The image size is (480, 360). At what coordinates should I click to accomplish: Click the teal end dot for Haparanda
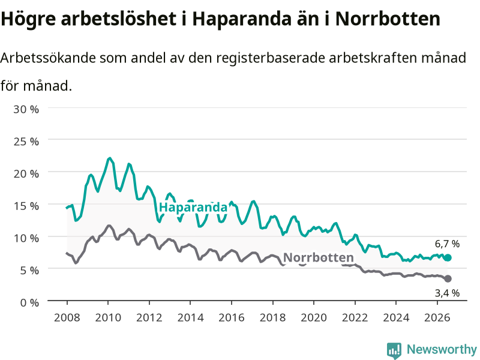[x=448, y=258]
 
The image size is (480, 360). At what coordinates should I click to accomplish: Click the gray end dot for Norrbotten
[x=448, y=278]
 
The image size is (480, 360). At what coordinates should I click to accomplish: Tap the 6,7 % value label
[x=447, y=244]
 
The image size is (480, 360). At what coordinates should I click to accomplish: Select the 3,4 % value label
[x=447, y=293]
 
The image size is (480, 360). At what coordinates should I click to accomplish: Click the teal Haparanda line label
[x=193, y=208]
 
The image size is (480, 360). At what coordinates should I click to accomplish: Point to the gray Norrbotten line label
[x=319, y=257]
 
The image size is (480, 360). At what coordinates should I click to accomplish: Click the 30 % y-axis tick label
[x=26, y=109]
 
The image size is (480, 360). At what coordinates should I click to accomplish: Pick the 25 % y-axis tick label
[x=26, y=142]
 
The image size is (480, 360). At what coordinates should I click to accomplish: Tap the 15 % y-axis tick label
[x=26, y=206]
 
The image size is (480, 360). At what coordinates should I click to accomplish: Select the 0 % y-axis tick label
[x=29, y=303]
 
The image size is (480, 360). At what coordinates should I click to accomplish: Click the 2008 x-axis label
[x=67, y=317]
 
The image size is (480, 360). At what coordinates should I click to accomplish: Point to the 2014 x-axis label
[x=190, y=317]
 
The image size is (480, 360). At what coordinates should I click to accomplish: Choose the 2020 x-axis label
[x=314, y=317]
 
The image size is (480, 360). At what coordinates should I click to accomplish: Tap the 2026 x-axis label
[x=437, y=317]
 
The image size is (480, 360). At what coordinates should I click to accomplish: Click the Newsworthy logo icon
[x=394, y=350]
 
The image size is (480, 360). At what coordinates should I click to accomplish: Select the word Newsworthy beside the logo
[x=442, y=349]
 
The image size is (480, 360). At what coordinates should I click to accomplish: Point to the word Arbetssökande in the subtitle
[x=48, y=58]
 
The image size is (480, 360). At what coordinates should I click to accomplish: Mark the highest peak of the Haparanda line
[x=110, y=158]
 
